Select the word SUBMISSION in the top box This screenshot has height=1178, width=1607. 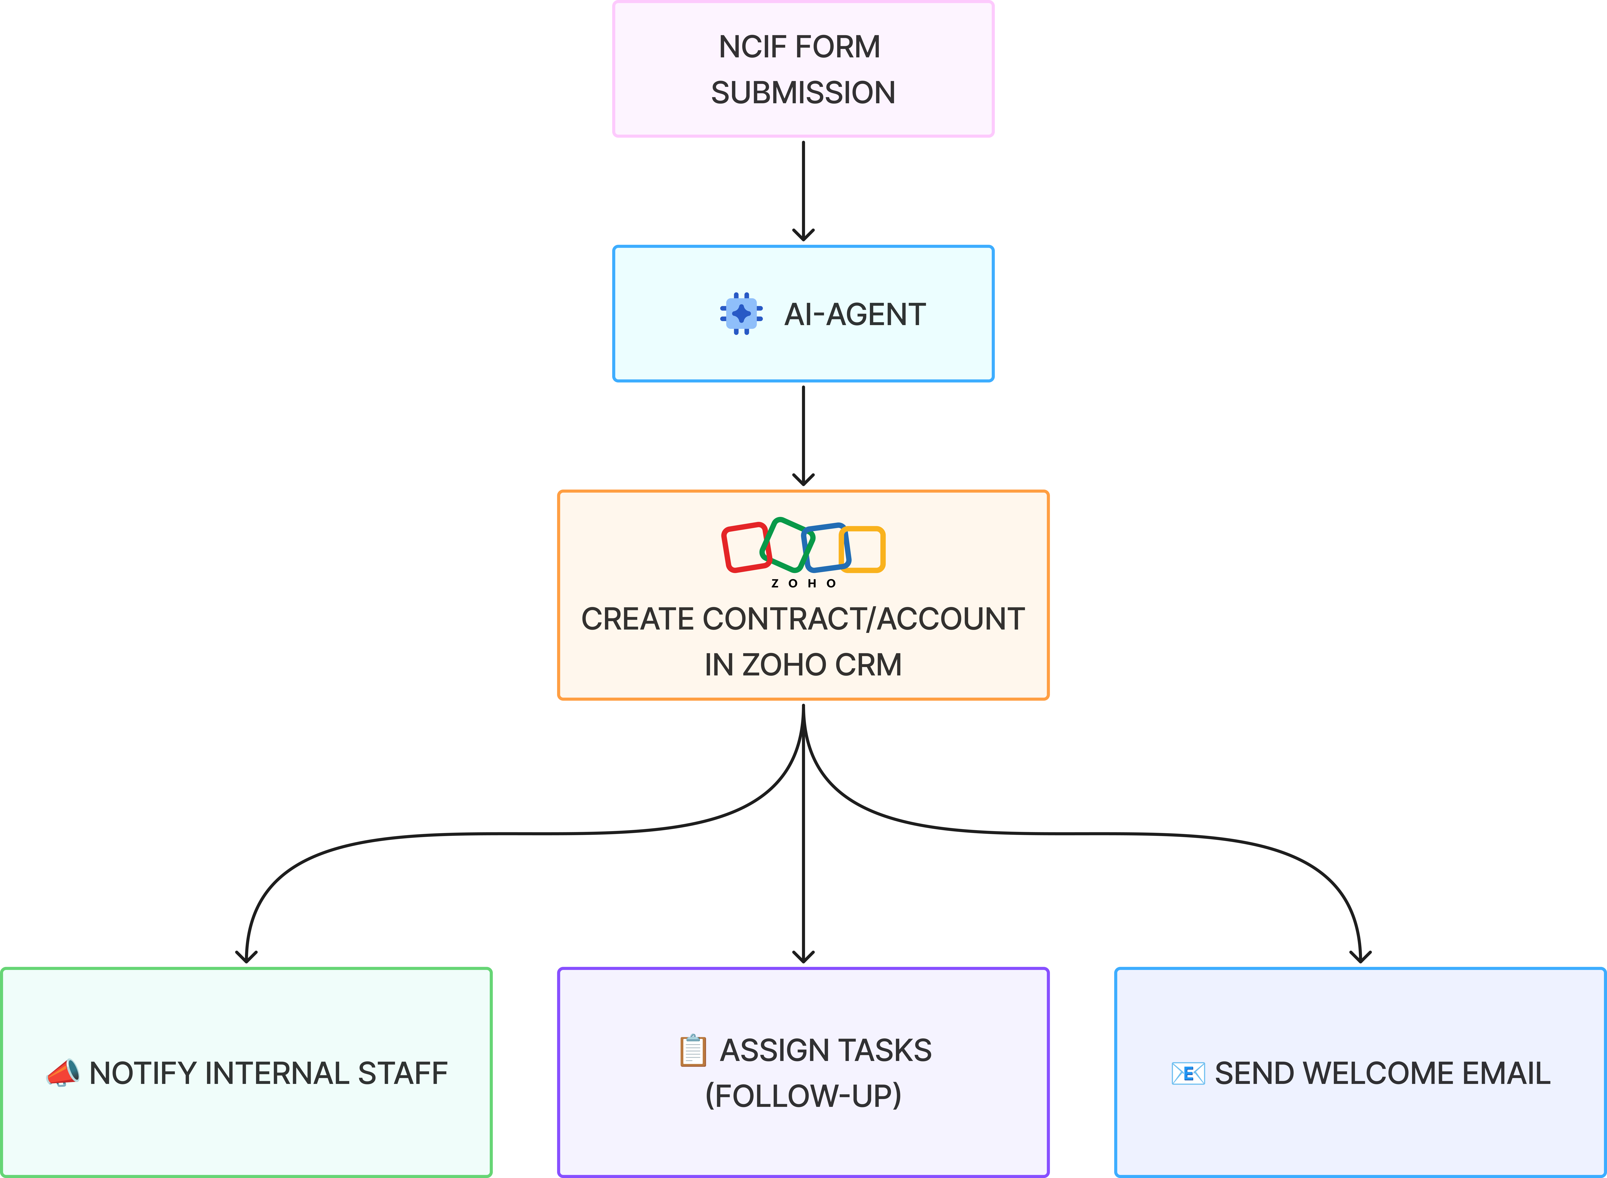pyautogui.click(x=803, y=93)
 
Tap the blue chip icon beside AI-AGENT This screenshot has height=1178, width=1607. pyautogui.click(x=741, y=314)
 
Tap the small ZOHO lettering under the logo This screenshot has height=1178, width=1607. pyautogui.click(x=803, y=583)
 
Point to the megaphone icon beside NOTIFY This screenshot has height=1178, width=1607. pyautogui.click(x=63, y=1073)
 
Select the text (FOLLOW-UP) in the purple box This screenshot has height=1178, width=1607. pyautogui.click(x=803, y=1096)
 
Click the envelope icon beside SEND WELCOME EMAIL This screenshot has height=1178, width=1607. pyautogui.click(x=1188, y=1073)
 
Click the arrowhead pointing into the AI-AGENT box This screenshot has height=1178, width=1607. pyautogui.click(x=803, y=235)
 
